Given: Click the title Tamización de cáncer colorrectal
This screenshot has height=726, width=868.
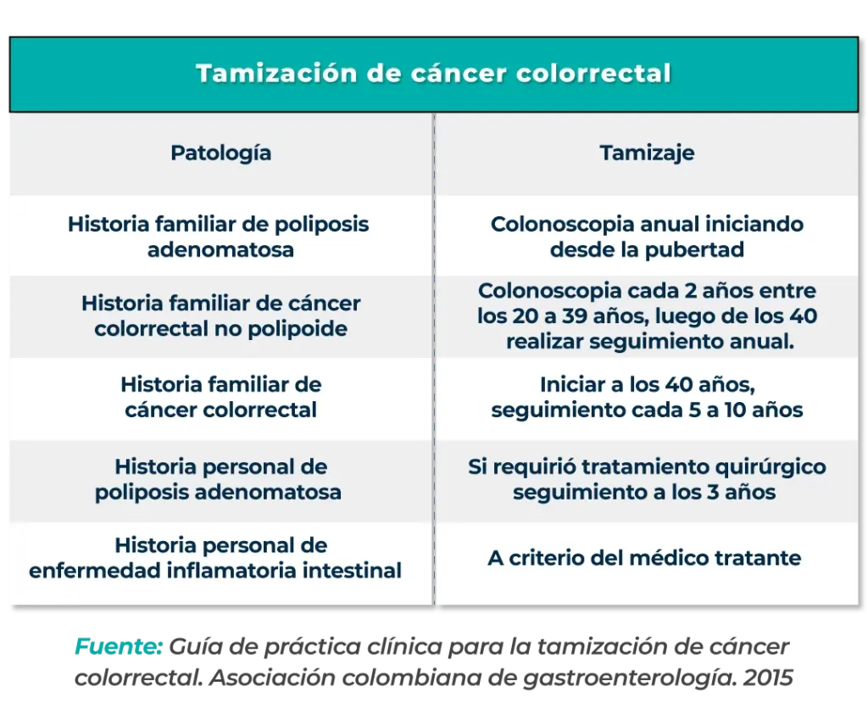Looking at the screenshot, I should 433,74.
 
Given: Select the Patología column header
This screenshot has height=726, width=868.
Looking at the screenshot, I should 221,153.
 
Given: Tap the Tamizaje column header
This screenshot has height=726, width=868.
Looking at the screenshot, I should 647,153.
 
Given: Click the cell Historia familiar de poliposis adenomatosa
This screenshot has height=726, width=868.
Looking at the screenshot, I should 219,237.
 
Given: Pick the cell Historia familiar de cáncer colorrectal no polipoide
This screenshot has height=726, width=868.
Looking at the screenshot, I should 220,316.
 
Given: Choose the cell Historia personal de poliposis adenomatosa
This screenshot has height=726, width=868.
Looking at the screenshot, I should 219,479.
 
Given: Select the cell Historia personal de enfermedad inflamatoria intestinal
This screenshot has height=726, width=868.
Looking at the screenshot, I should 215,557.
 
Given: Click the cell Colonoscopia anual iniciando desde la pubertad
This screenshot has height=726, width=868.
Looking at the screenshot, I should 647,237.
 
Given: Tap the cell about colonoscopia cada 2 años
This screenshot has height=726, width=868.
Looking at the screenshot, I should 647,316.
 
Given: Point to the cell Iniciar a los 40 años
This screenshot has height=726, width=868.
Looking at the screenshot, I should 647,397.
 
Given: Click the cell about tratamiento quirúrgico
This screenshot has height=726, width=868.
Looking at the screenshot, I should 647,479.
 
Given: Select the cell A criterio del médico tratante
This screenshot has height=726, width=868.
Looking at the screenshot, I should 644,558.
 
